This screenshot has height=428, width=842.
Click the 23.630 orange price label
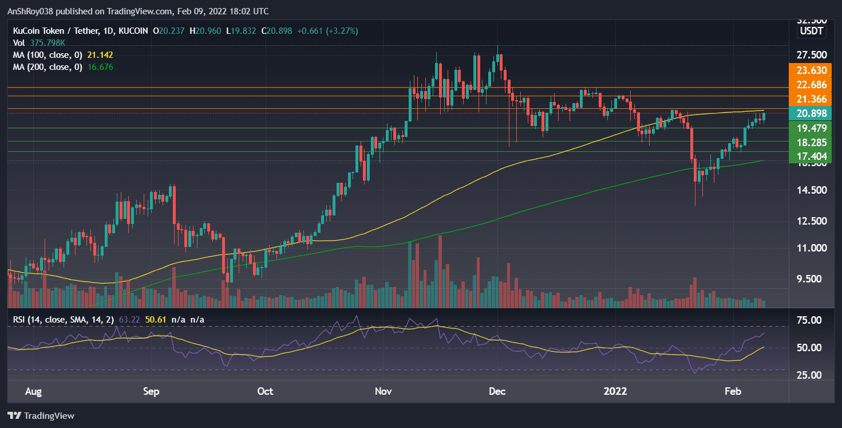point(807,70)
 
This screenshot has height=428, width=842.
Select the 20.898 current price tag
point(807,113)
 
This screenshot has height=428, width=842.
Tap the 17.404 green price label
point(807,156)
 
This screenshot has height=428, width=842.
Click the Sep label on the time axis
point(151,391)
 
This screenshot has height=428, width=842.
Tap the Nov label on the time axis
point(383,391)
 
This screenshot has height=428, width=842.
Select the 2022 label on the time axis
point(616,391)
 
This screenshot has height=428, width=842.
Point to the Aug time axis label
point(34,391)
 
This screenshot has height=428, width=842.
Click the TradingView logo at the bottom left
point(41,415)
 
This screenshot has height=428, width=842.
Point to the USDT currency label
point(812,31)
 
